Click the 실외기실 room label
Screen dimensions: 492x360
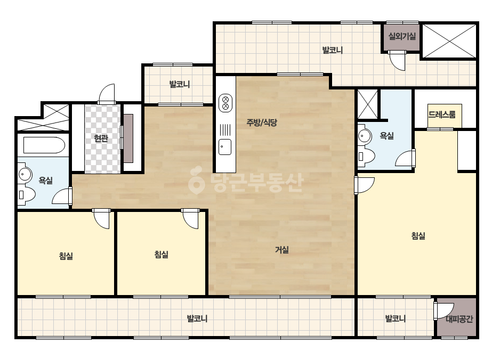[402, 36]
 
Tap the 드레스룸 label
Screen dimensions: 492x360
[442, 114]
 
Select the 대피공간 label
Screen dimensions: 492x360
[459, 319]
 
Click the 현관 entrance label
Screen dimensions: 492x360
[101, 138]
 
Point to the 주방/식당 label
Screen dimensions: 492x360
[262, 122]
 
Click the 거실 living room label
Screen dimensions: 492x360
[282, 250]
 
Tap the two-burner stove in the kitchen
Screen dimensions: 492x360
[225, 103]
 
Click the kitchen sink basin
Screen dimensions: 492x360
[225, 147]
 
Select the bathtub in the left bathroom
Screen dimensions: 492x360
[44, 145]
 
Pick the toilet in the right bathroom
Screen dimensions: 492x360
[367, 156]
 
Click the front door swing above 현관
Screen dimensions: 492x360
[107, 93]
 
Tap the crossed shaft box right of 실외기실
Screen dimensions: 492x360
[449, 41]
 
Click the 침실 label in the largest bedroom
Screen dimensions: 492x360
[418, 235]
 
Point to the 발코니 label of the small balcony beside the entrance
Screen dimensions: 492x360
[180, 84]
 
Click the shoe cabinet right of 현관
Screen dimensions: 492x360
[128, 138]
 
